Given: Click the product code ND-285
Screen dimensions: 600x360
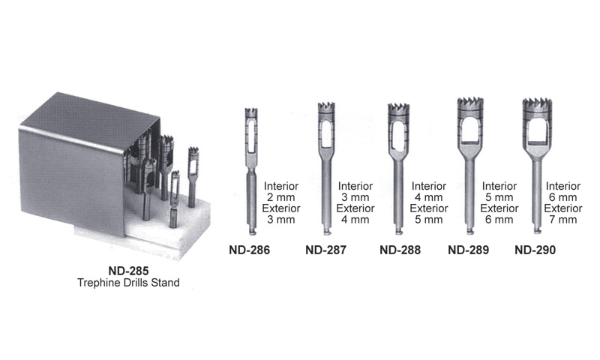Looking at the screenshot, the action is [x=128, y=271].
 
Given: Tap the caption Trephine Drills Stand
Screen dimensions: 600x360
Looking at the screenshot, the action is [x=128, y=283].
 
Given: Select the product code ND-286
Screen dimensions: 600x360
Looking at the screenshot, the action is [x=250, y=250].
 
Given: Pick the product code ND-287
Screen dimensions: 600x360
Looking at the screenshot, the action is [x=325, y=250].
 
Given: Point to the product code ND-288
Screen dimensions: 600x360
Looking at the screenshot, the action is [x=400, y=250].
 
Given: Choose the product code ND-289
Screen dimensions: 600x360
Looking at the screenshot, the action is [x=468, y=250].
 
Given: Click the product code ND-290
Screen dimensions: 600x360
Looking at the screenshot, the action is [x=535, y=250].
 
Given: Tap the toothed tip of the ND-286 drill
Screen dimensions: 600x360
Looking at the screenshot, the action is [x=251, y=112].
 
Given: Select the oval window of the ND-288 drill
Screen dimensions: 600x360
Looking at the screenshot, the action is [x=398, y=134].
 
